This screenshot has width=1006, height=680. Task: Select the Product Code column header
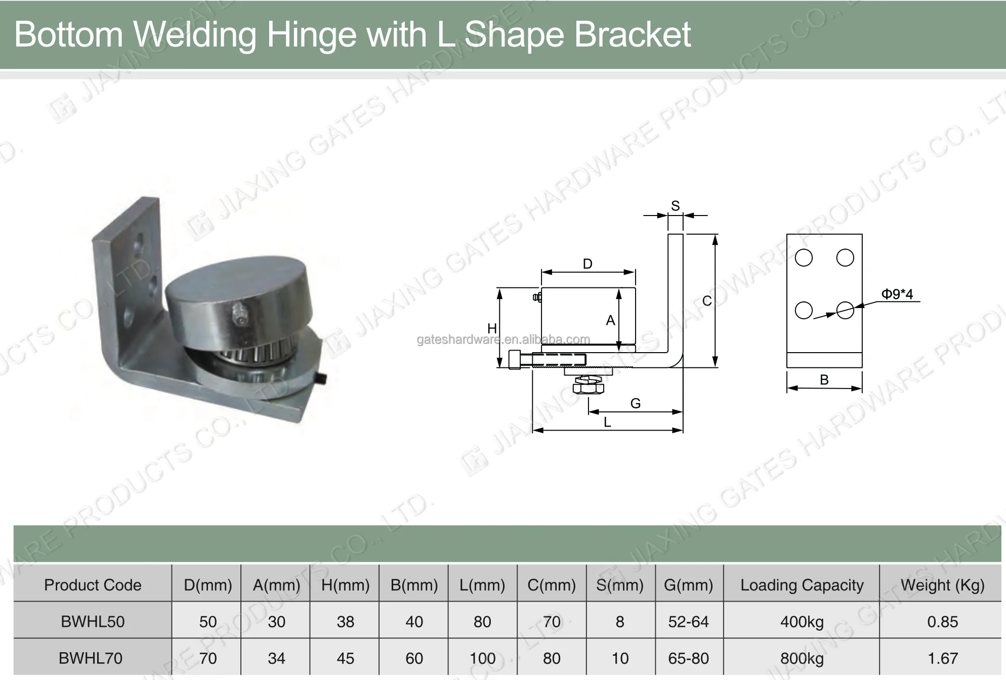pyautogui.click(x=93, y=585)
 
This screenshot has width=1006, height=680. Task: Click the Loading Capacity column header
pyautogui.click(x=802, y=585)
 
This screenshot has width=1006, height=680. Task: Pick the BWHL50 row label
pyautogui.click(x=93, y=621)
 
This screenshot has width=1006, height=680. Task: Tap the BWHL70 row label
pyautogui.click(x=91, y=658)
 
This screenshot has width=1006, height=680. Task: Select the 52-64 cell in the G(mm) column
pyautogui.click(x=688, y=621)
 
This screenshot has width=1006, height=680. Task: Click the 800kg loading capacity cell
pyautogui.click(x=802, y=658)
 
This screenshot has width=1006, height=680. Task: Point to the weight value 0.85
pyautogui.click(x=942, y=621)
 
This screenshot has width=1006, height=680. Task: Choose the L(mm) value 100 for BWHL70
pyautogui.click(x=482, y=658)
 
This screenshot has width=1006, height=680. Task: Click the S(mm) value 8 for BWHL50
pyautogui.click(x=620, y=621)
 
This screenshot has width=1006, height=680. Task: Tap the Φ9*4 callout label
pyautogui.click(x=897, y=294)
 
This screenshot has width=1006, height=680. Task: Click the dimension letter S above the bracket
pyautogui.click(x=675, y=206)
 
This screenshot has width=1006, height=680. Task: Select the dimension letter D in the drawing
pyautogui.click(x=588, y=264)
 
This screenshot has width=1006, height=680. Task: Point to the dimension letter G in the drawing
pyautogui.click(x=636, y=403)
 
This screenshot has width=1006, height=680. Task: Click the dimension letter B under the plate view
pyautogui.click(x=824, y=380)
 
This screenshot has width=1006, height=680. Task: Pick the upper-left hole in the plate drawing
pyautogui.click(x=804, y=258)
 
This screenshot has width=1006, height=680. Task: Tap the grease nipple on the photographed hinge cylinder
pyautogui.click(x=240, y=314)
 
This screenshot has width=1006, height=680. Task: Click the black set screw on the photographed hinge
pyautogui.click(x=322, y=379)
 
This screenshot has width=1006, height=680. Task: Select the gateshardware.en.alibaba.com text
pyautogui.click(x=503, y=339)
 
